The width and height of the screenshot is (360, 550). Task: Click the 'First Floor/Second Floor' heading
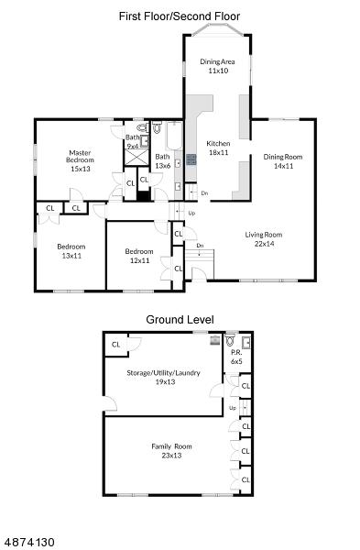pyautogui.click(x=180, y=16)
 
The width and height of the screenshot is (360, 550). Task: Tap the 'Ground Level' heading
pyautogui.click(x=180, y=320)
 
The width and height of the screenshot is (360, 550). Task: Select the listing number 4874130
pyautogui.click(x=27, y=542)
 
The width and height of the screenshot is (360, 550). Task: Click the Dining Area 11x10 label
pyautogui.click(x=218, y=66)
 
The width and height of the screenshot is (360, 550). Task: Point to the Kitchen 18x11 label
pyautogui.click(x=218, y=148)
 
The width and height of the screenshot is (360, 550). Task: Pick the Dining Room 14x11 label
pyautogui.click(x=283, y=161)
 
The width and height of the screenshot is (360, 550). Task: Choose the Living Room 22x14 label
pyautogui.click(x=264, y=239)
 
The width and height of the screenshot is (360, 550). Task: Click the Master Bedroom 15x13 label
pyautogui.click(x=81, y=160)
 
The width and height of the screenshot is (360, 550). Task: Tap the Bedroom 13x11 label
pyautogui.click(x=71, y=251)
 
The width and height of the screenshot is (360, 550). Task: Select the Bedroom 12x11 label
pyautogui.click(x=139, y=256)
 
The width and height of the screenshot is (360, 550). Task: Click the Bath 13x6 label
pyautogui.click(x=163, y=161)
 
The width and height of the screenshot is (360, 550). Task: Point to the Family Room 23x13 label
pyautogui.click(x=171, y=451)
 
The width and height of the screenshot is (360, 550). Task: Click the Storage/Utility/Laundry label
pyautogui.click(x=163, y=372)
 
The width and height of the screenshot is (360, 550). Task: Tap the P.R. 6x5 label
pyautogui.click(x=236, y=357)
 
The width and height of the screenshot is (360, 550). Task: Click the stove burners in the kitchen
pyautogui.click(x=191, y=159)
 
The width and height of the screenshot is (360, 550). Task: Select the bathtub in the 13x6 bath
pyautogui.click(x=174, y=136)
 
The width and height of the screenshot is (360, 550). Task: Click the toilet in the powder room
pyautogui.click(x=231, y=340)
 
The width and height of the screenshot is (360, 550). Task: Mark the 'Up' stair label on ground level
pyautogui.click(x=233, y=408)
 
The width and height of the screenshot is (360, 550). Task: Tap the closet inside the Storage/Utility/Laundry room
pyautogui.click(x=116, y=345)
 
